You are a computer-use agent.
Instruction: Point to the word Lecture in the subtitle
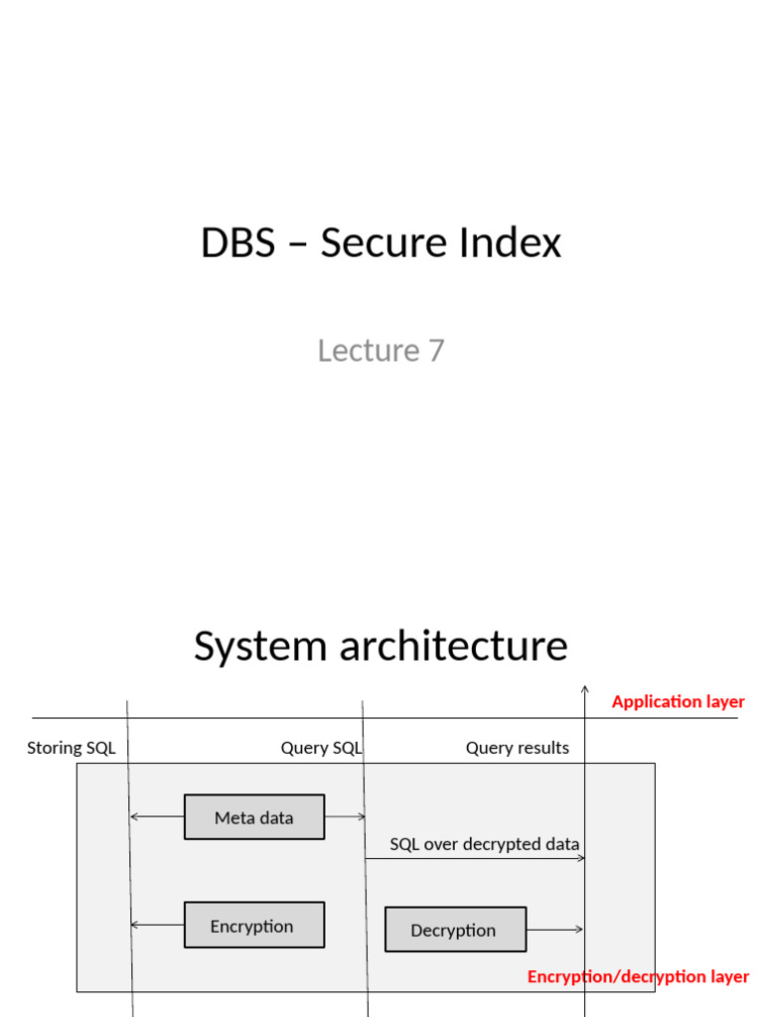(369, 351)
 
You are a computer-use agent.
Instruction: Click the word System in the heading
(259, 646)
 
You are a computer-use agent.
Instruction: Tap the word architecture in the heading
(454, 646)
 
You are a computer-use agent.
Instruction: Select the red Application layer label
(678, 702)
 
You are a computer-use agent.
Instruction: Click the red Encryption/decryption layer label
(638, 976)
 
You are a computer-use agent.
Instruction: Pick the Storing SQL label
(72, 748)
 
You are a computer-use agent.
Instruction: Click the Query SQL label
(321, 748)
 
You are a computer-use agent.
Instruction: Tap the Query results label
(518, 748)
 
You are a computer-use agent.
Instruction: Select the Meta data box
(254, 817)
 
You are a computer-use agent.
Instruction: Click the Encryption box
(254, 926)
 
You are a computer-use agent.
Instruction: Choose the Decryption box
(455, 930)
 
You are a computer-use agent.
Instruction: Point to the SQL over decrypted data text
(484, 844)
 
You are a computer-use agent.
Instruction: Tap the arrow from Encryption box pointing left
(157, 926)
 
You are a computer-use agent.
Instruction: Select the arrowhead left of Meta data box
(134, 817)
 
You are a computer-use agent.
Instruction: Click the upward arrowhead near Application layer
(584, 687)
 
